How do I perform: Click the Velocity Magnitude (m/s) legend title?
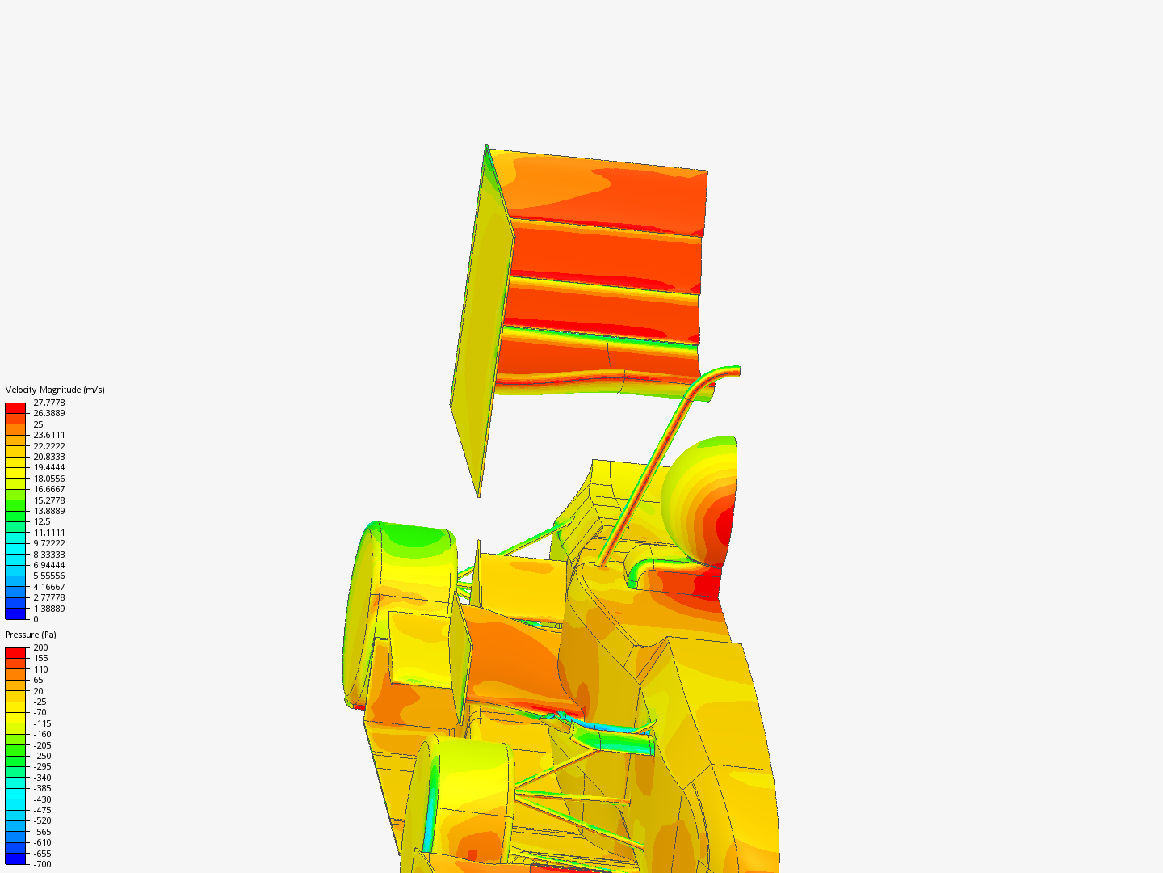tap(55, 390)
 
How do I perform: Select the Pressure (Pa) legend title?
tap(31, 635)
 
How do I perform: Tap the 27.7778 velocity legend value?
tap(49, 403)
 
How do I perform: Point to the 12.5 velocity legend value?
tap(42, 521)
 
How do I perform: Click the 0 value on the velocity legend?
tap(36, 619)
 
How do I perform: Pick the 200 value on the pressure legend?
tap(41, 647)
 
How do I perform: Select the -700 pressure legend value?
tap(42, 864)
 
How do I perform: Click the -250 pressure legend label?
tap(42, 756)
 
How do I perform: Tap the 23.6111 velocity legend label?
tap(49, 435)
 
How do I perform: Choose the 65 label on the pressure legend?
tap(38, 680)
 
